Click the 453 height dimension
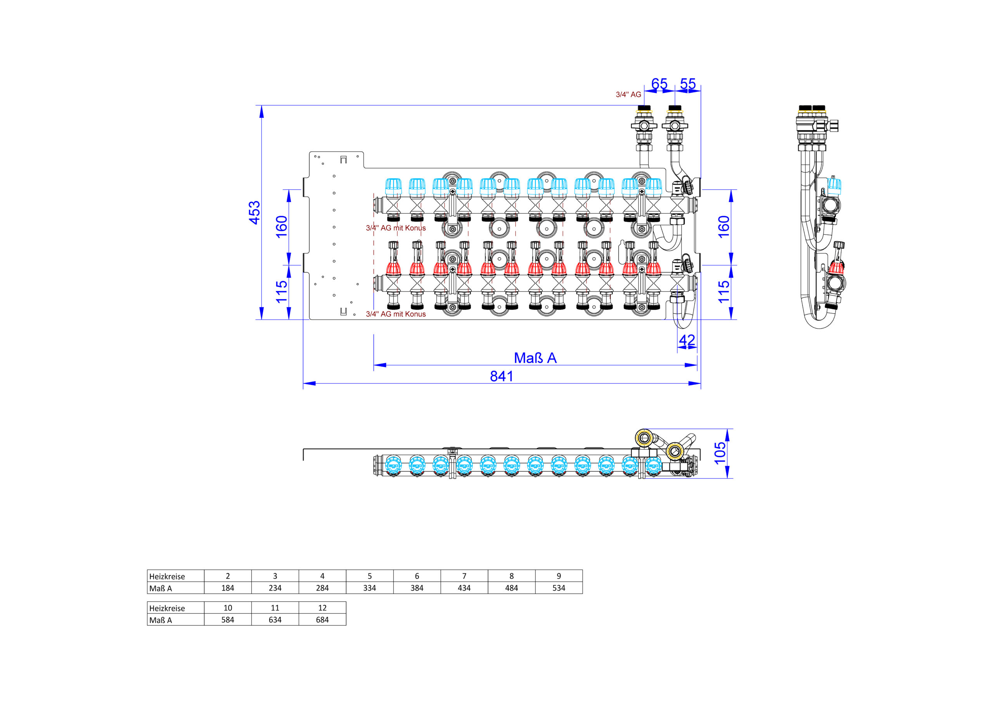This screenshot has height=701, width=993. coord(254,212)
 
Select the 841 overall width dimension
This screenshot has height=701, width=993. coord(502,376)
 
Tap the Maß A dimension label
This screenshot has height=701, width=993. coord(535,358)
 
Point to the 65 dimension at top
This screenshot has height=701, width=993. coord(659,83)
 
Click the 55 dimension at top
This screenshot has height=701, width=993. coord(688,83)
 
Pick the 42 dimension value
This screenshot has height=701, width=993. coord(687,340)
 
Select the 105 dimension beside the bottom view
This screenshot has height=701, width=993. coord(720,453)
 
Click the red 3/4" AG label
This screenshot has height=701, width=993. coord(628,94)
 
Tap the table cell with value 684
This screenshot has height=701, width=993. coord(322,620)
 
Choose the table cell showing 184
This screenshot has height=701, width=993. coord(227,588)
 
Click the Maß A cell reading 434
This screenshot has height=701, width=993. coord(464,588)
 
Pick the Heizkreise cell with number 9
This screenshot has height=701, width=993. coord(559,576)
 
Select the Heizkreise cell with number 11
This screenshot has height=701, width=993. coord(275,608)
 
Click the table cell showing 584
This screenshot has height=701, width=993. coord(227,620)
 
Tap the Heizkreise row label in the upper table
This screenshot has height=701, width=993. coord(167,576)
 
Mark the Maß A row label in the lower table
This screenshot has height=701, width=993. coord(161,620)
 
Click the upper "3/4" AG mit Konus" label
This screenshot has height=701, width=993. coord(396,228)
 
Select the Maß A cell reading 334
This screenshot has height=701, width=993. coord(369,588)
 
